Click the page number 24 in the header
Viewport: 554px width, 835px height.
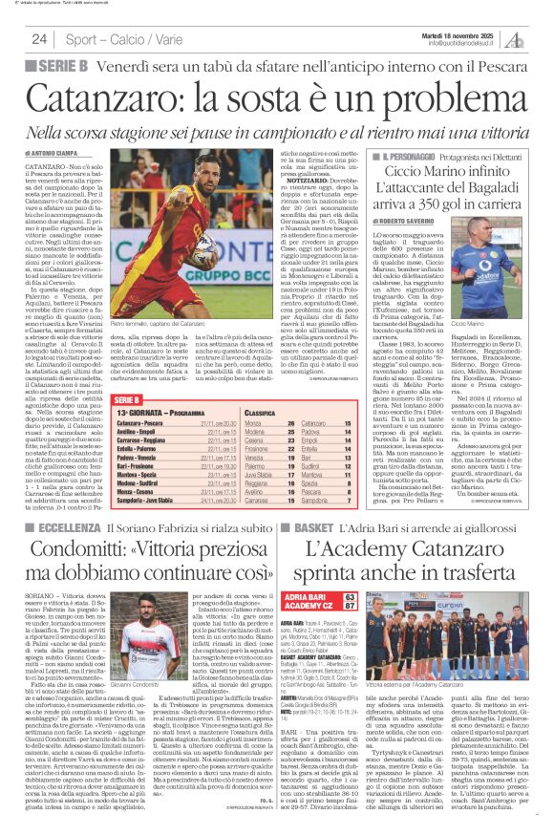(39, 39)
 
